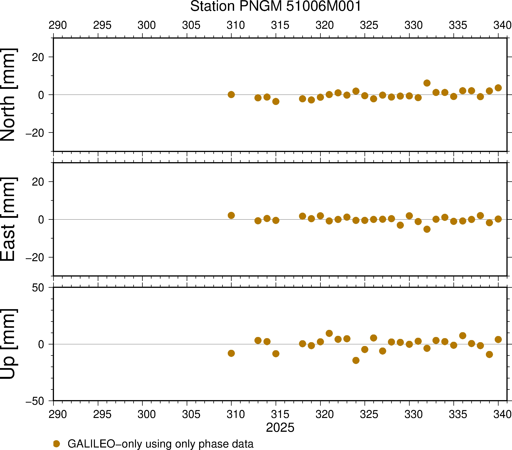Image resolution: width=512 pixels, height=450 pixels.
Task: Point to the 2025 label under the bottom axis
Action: click(280, 428)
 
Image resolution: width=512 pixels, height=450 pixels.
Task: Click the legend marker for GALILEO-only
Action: click(57, 444)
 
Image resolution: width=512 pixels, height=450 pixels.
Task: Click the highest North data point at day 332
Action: click(427, 83)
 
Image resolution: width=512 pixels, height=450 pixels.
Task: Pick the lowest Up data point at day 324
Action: click(356, 360)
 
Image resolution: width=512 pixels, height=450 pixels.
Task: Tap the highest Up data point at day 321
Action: click(329, 333)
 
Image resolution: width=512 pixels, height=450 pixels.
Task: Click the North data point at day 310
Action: click(231, 95)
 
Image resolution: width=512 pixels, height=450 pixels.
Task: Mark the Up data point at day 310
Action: click(231, 353)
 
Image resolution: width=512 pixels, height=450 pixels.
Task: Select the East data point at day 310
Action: click(231, 216)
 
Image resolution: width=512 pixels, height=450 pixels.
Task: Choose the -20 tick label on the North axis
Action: click(35, 133)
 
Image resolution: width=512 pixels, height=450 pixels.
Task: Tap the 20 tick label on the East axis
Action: click(38, 182)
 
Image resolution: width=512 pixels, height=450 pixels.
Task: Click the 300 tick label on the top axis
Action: click(147, 25)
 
